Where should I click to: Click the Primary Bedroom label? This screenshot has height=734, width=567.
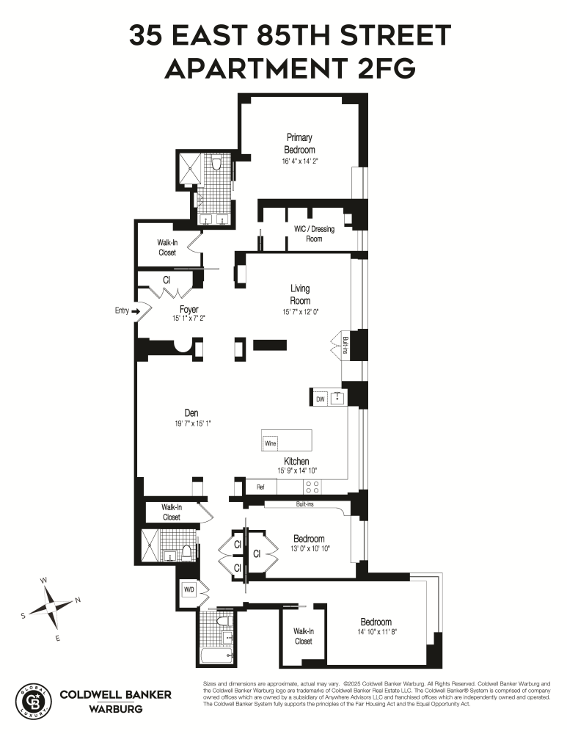coord(299,143)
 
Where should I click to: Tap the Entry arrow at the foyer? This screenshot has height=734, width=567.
coord(135,311)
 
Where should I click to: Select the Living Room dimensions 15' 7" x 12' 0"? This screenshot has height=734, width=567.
coord(300,311)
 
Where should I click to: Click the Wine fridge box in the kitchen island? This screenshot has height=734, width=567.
coord(270,443)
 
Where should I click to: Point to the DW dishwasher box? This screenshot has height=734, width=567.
coord(320,399)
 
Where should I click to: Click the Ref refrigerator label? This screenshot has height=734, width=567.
coord(260,487)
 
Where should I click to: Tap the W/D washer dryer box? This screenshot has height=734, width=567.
coord(189,589)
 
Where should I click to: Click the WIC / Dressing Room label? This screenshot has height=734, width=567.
coord(314,233)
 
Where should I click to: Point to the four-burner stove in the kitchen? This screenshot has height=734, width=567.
coord(312,487)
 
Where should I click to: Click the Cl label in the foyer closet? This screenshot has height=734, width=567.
coord(167,280)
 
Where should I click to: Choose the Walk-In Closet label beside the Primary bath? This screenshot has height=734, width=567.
coord(167,247)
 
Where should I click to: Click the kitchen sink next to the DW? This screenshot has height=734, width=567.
coord(337,399)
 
